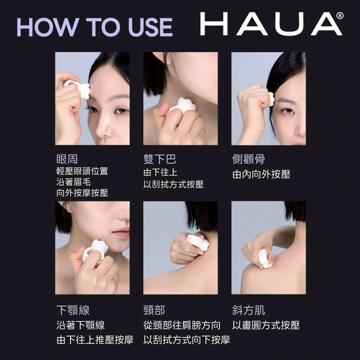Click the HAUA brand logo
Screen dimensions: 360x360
pyautogui.click(x=271, y=24)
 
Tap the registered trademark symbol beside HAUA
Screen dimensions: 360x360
pyautogui.click(x=340, y=16)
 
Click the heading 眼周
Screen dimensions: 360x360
pyautogui.click(x=67, y=159)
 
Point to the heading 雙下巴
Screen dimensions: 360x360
pyautogui.click(x=160, y=159)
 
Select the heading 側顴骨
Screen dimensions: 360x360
pyautogui.click(x=249, y=159)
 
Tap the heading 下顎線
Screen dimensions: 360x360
pyautogui.click(x=73, y=310)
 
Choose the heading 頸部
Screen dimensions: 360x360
pyautogui.click(x=154, y=310)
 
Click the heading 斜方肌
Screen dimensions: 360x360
pyautogui.click(x=249, y=310)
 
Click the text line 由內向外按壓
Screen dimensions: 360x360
pyautogui.click(x=261, y=174)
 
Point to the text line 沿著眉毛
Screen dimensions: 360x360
pyautogui.click(x=74, y=182)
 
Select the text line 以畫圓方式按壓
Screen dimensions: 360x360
pyautogui.click(x=266, y=325)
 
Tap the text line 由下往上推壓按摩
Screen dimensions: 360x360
pyautogui.click(x=95, y=340)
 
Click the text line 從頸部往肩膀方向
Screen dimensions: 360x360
pyautogui.click(x=182, y=325)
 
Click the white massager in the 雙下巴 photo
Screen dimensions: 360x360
pyautogui.click(x=182, y=107)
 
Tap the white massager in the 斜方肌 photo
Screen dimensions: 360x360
pyautogui.click(x=265, y=259)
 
